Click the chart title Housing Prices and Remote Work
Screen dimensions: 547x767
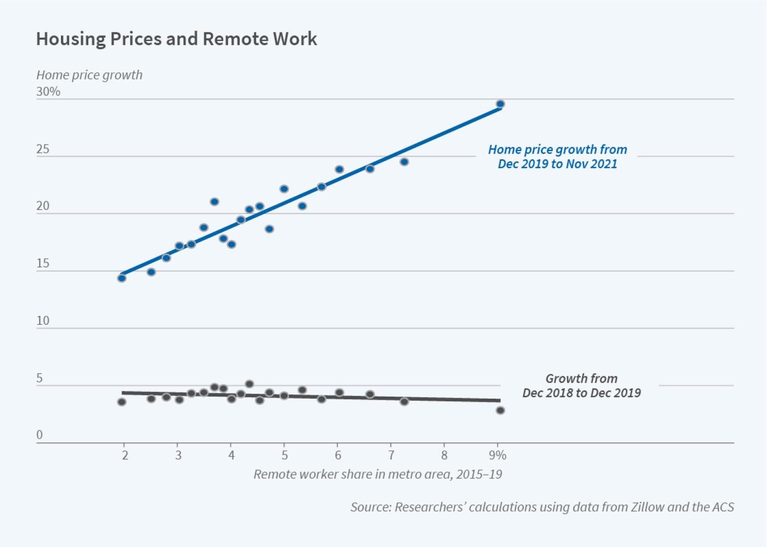coord(176,39)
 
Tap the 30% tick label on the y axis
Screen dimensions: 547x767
coord(48,92)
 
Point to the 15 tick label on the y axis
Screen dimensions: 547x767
coord(43,263)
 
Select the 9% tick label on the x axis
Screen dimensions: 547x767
coord(498,455)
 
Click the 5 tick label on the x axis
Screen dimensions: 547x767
coord(284,455)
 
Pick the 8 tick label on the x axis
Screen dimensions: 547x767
coord(444,455)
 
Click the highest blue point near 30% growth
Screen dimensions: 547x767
coord(500,104)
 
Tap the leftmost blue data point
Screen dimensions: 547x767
coord(122,278)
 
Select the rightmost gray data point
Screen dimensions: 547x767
coord(500,411)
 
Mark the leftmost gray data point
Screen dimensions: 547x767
coord(122,402)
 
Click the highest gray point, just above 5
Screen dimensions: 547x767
coord(250,384)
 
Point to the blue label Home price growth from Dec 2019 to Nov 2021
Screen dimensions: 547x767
coord(558,157)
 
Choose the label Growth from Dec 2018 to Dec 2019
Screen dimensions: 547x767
coord(582,386)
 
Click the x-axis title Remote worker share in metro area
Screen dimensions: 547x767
coord(378,474)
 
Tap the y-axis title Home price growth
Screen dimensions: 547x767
coord(89,75)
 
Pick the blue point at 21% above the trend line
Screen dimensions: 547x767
coord(214,201)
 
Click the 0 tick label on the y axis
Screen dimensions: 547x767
coord(40,435)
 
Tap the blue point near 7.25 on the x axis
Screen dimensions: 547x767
coord(404,162)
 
